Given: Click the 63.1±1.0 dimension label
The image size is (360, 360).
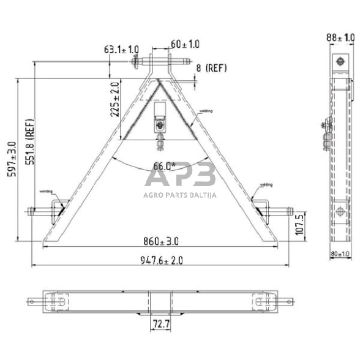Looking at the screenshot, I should [122, 49].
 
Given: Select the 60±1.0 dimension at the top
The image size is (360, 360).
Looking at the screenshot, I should [185, 44].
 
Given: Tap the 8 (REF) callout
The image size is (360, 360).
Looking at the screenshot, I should [212, 68].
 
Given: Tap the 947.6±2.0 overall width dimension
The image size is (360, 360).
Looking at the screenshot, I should [160, 260].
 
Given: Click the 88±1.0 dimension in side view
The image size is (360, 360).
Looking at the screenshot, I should [340, 39].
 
